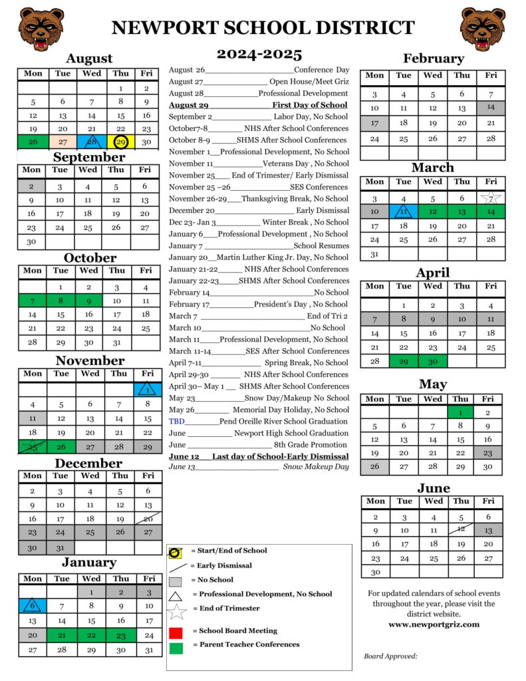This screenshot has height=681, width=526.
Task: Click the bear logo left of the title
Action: (41, 29)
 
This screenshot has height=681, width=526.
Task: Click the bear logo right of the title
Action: (483, 29)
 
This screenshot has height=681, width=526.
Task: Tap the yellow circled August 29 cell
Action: (120, 142)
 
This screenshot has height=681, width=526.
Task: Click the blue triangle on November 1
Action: (148, 390)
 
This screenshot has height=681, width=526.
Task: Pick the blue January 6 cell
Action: (33, 606)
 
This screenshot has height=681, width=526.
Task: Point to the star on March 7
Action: (491, 198)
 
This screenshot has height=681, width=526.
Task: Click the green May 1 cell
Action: (460, 412)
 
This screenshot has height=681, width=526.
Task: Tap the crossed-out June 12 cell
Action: (460, 530)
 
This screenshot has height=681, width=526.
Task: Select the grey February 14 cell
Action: (491, 107)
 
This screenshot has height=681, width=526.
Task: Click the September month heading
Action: (89, 158)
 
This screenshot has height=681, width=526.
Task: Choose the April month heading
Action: (432, 273)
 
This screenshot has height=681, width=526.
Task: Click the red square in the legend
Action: (176, 632)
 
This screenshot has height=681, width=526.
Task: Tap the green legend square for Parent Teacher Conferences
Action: (176, 646)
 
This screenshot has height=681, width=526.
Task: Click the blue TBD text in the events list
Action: (177, 422)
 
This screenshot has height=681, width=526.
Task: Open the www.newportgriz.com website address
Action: (434, 624)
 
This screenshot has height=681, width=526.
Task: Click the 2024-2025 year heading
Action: (259, 55)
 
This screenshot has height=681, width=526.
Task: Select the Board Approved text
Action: (390, 656)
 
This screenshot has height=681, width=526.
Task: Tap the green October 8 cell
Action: (61, 301)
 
